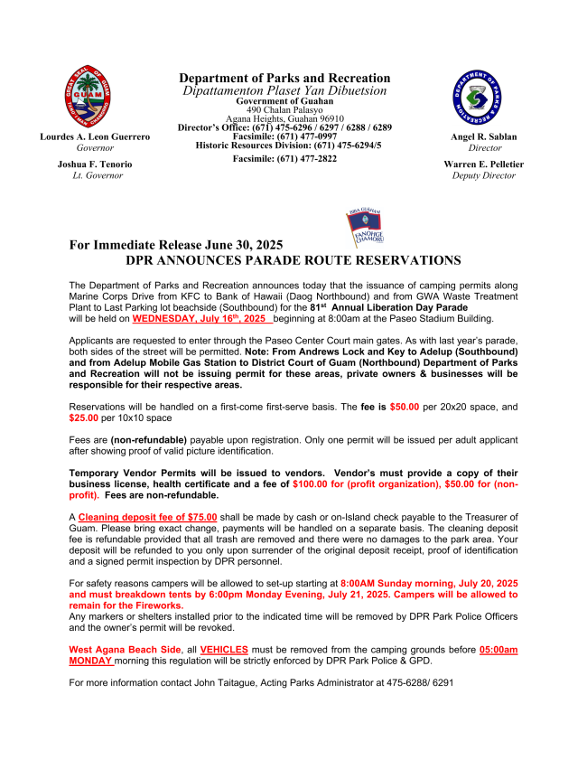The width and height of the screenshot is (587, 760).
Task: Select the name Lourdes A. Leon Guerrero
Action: tap(95, 136)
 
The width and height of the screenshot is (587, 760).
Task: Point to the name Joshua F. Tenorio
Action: tap(95, 164)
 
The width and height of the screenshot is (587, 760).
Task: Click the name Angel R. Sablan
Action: tap(484, 136)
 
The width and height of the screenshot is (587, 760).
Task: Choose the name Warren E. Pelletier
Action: tap(484, 164)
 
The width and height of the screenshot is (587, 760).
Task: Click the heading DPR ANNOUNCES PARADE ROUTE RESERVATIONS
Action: tap(293, 260)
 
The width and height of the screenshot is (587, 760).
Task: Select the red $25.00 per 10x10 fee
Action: tap(87, 418)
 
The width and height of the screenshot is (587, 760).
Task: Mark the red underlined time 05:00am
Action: tap(498, 649)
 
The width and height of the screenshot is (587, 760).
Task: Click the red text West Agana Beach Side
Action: tap(122, 649)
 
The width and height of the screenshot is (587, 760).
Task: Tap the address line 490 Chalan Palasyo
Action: tap(284, 110)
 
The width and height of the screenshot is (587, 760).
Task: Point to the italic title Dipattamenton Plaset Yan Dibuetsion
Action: tap(284, 90)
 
